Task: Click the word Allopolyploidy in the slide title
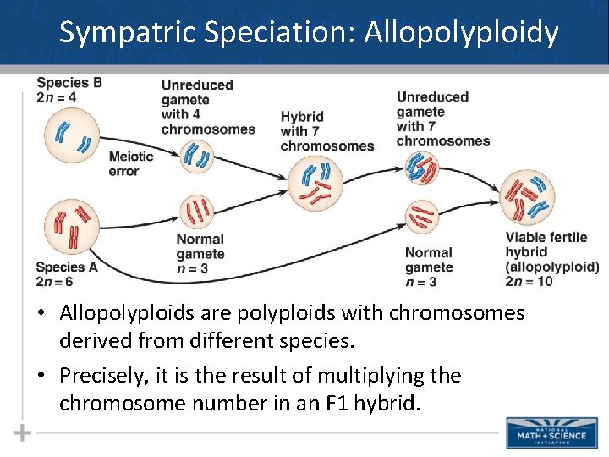[461, 33]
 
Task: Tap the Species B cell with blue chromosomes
[72, 136]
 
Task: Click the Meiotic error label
[131, 162]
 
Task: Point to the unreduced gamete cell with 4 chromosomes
[198, 155]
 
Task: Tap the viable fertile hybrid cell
[529, 196]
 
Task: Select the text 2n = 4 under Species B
[56, 97]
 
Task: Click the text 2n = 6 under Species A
[55, 281]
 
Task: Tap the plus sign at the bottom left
[23, 433]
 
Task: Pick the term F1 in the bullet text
[327, 403]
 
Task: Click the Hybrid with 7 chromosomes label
[326, 131]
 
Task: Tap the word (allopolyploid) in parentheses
[552, 267]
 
